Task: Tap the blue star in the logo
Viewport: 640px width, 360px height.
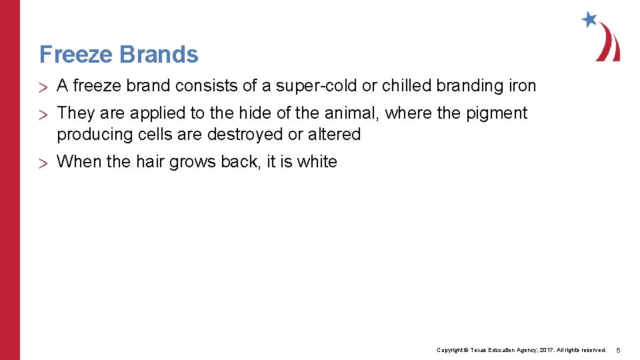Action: [x=589, y=19]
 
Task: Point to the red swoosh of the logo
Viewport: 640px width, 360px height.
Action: [x=609, y=43]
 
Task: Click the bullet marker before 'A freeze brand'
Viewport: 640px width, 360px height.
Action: [x=44, y=87]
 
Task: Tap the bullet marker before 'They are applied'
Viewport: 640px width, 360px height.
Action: [x=44, y=114]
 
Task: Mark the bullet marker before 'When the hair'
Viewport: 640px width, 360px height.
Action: [x=44, y=163]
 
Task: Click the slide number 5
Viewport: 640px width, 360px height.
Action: [x=618, y=350]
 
